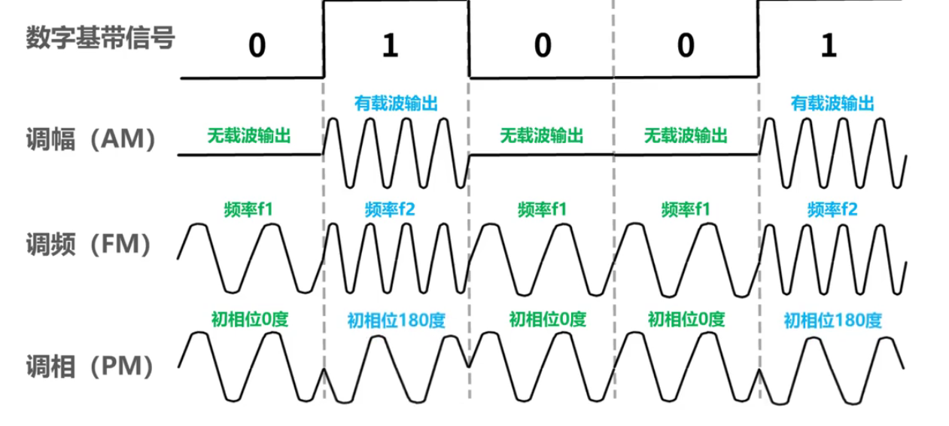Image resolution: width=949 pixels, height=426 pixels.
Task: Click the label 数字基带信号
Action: [x=100, y=38]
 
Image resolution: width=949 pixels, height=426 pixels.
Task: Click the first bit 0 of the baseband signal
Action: [x=257, y=47]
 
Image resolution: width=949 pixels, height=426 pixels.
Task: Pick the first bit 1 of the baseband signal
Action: [x=388, y=47]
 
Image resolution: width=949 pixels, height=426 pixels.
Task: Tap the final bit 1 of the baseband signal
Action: [x=828, y=47]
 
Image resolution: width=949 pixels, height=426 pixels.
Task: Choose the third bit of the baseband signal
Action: [x=542, y=47]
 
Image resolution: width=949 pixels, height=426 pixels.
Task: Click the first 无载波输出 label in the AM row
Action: [x=249, y=136]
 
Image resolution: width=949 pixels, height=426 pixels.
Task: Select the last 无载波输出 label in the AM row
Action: [x=686, y=136]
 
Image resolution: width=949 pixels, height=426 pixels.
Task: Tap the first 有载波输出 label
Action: [x=396, y=102]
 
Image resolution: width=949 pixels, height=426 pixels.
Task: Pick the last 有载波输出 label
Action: [x=832, y=102]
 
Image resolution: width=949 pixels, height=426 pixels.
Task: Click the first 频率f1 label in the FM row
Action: [x=248, y=208]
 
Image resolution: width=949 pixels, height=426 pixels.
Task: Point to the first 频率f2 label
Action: [x=389, y=208]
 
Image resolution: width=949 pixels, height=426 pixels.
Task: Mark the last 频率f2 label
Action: [x=832, y=208]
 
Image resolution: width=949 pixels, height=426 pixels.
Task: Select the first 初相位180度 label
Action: [x=396, y=320]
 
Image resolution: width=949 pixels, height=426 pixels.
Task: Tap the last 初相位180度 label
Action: [x=832, y=320]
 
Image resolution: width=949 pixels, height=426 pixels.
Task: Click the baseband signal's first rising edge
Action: [x=324, y=39]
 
